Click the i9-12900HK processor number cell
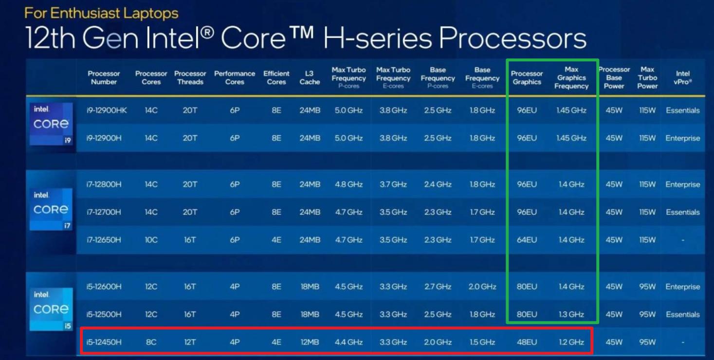tap(107, 110)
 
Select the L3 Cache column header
tap(310, 78)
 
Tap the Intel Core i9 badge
tap(51, 124)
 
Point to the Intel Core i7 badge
tap(51, 209)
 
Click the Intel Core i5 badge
tap(51, 309)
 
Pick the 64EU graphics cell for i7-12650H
tap(527, 240)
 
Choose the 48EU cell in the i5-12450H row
tap(527, 342)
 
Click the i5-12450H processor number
tap(104, 342)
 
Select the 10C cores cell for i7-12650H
tap(151, 240)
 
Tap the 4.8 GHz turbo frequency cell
tap(348, 184)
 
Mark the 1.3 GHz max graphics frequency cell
tap(571, 314)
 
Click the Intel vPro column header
tap(682, 78)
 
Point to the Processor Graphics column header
tap(527, 78)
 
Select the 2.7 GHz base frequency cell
tap(438, 287)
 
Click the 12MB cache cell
tap(310, 342)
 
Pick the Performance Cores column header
tap(235, 78)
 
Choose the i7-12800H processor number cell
tap(104, 184)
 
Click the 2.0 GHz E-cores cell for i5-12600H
tap(482, 287)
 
